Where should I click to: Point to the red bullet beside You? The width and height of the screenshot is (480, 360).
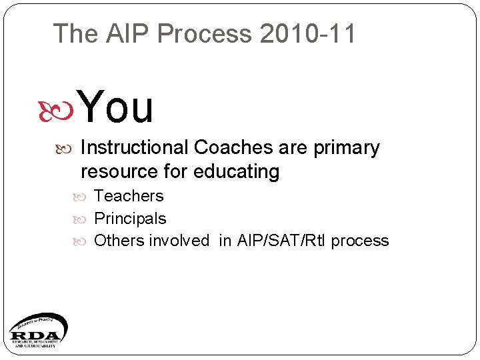[x=65, y=109]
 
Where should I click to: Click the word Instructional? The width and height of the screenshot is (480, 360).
[x=135, y=148]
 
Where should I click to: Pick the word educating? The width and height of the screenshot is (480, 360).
[x=237, y=172]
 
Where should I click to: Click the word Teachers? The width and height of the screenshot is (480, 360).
[x=129, y=196]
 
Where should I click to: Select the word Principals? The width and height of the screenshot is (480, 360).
[x=130, y=219]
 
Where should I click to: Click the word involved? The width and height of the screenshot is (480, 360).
[x=179, y=241]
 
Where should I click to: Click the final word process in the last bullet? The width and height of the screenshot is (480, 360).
[x=360, y=241]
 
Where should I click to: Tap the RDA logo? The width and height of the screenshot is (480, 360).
[x=37, y=331]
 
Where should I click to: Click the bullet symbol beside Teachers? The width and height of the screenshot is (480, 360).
[x=85, y=197]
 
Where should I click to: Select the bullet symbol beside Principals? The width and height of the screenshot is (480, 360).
[x=85, y=219]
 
